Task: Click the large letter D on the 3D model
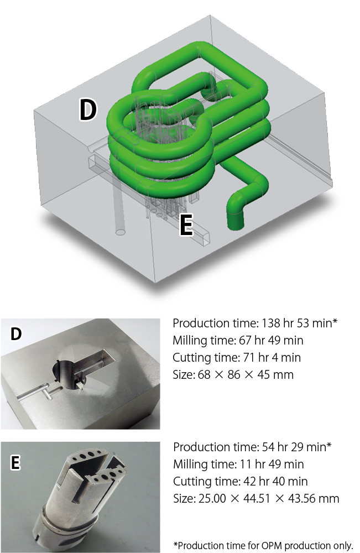[88, 109]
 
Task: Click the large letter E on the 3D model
[186, 225]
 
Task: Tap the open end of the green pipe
[234, 223]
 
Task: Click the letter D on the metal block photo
[16, 333]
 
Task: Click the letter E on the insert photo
[15, 462]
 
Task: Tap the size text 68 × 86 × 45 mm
[246, 374]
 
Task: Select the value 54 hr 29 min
[294, 447]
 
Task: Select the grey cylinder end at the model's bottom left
[121, 232]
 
